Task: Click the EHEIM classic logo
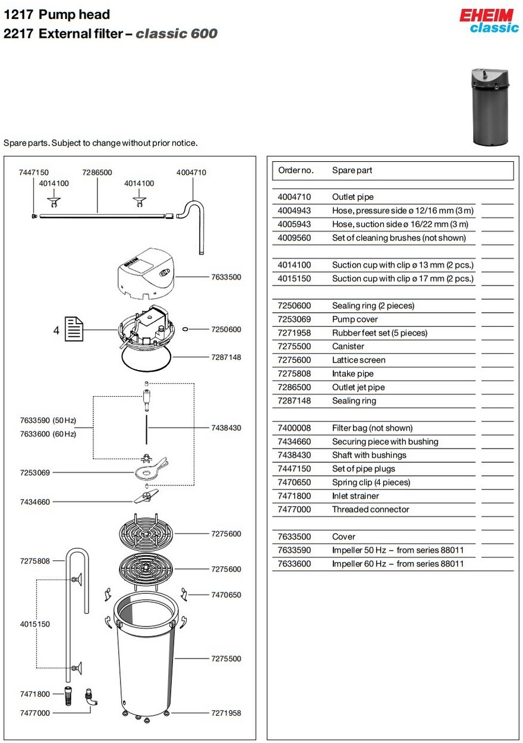click(x=489, y=20)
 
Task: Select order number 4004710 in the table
click(x=294, y=197)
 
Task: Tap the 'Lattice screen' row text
click(x=358, y=360)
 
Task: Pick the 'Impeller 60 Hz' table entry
click(x=398, y=564)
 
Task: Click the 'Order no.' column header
click(x=295, y=171)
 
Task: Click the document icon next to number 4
click(x=74, y=329)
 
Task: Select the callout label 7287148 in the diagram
click(x=226, y=358)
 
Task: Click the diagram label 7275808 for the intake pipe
click(x=34, y=561)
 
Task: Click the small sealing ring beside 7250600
click(x=185, y=330)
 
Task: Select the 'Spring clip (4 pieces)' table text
click(x=371, y=482)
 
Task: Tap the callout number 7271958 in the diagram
click(x=226, y=713)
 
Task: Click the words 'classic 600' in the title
click(x=177, y=33)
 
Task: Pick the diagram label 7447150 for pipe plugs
click(x=34, y=173)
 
